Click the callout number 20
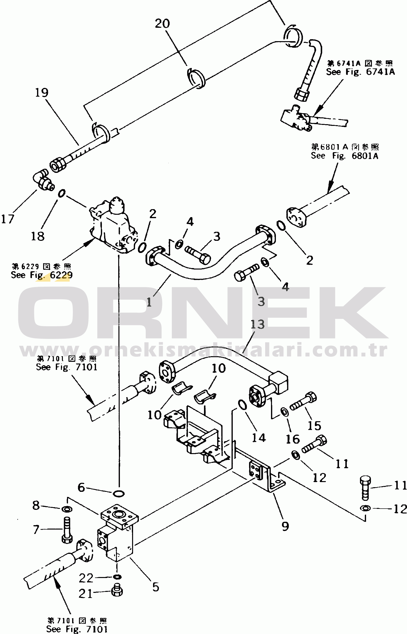162,24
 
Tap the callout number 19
42,93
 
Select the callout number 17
7,219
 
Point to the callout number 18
38,236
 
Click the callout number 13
257,324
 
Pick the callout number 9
285,526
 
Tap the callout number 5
156,587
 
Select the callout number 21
86,594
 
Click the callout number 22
86,578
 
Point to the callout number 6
81,487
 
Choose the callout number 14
259,438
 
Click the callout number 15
314,426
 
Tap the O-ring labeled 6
119,493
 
